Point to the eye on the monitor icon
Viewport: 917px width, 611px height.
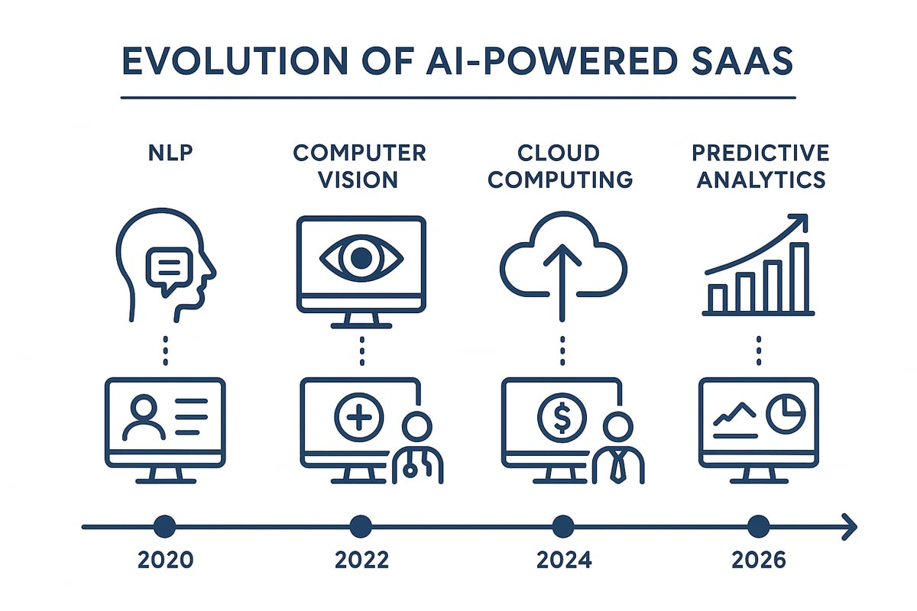click(x=360, y=259)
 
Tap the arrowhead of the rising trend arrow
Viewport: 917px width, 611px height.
click(x=799, y=221)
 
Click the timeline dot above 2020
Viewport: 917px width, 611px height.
click(x=164, y=525)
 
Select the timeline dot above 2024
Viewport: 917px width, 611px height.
click(x=562, y=525)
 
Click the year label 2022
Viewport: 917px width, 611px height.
click(x=362, y=560)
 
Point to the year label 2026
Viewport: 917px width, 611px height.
click(x=759, y=560)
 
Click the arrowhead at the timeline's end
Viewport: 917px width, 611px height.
click(x=850, y=525)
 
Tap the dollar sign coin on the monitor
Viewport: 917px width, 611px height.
click(x=562, y=418)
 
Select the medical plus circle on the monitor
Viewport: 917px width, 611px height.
click(x=358, y=418)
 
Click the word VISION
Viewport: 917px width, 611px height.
click(x=360, y=180)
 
